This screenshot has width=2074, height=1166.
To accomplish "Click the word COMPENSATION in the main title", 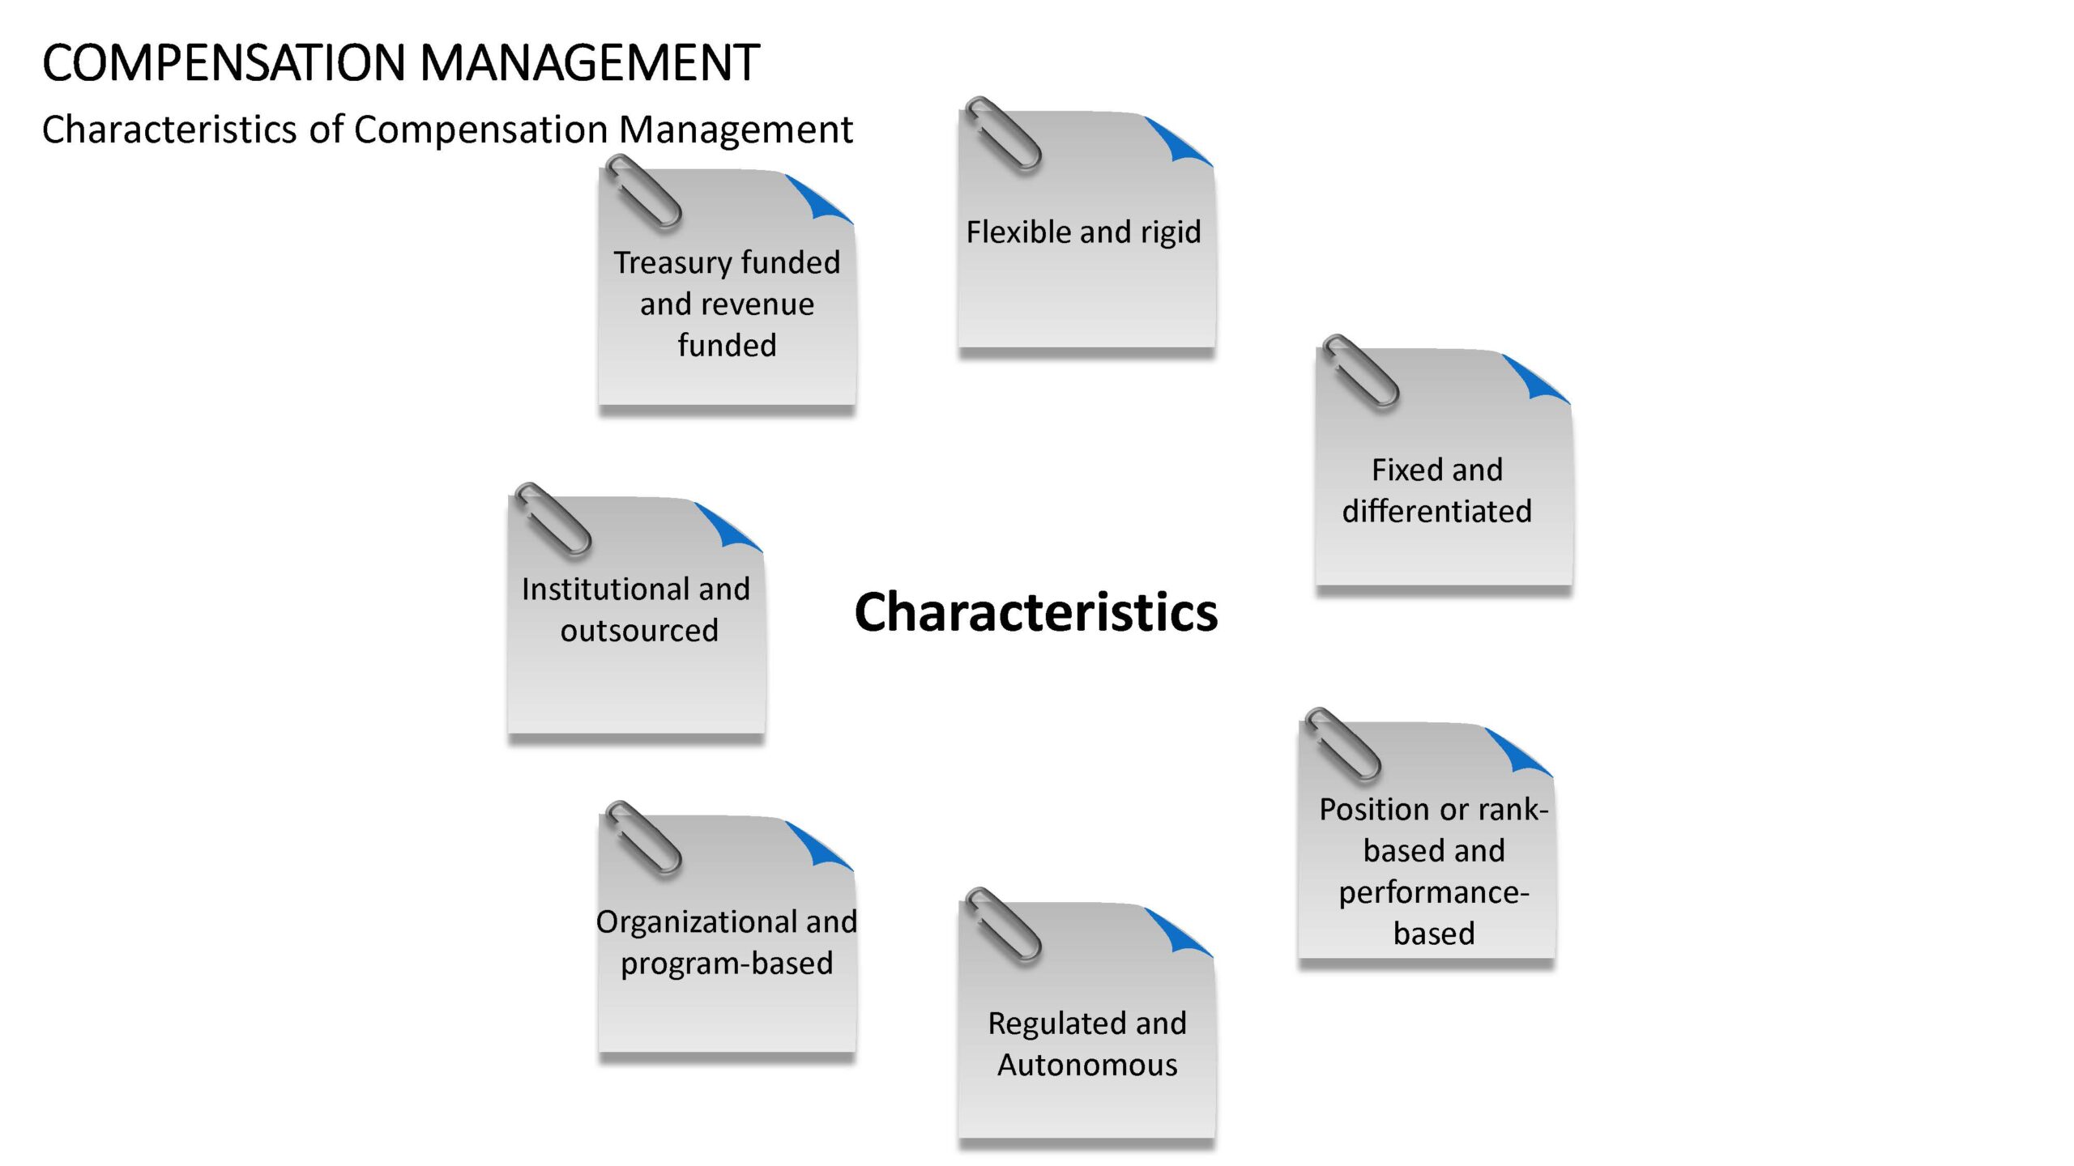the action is click(x=224, y=63).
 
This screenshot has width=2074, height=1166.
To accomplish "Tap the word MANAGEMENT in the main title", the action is click(x=591, y=63).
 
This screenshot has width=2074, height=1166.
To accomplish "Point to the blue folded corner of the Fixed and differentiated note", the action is click(x=1534, y=377).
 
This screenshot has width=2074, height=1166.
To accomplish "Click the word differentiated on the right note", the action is click(x=1437, y=511).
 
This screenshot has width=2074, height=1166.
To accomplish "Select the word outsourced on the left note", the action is click(x=639, y=631).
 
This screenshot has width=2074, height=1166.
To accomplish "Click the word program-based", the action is click(x=727, y=964).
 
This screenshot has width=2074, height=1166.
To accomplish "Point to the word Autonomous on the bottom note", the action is click(x=1087, y=1065).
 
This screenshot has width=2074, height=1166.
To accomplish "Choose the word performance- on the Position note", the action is click(x=1433, y=893).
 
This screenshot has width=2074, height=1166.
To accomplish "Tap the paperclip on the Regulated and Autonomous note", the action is click(x=1003, y=925).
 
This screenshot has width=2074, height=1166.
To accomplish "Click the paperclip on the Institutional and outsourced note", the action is click(x=553, y=520).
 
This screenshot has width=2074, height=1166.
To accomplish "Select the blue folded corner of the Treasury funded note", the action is click(x=817, y=198).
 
